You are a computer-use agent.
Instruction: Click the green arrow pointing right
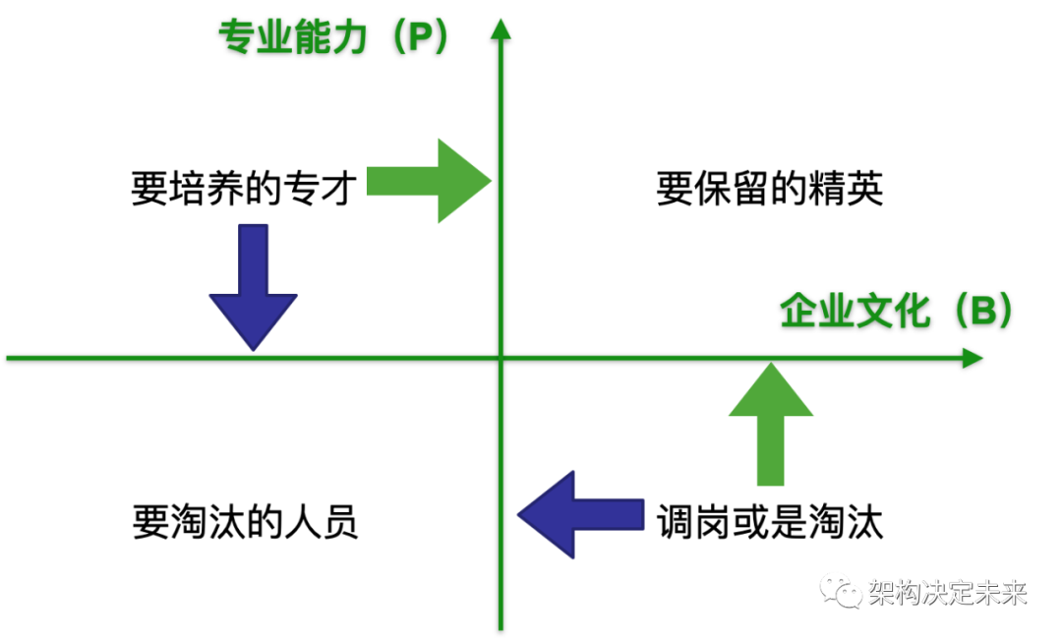coord(429,180)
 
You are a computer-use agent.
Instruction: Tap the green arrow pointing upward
coord(771,424)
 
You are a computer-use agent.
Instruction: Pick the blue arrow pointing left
coord(580,514)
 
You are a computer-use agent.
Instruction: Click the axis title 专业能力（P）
coord(334,36)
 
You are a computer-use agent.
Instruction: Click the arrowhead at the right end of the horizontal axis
coord(973,358)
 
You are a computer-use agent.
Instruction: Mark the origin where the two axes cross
coord(501,358)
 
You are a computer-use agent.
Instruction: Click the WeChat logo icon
coord(841,590)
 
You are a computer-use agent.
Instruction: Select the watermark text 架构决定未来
coord(947,592)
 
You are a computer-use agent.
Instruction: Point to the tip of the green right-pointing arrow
coord(491,180)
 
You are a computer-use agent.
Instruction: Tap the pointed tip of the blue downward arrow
coord(253,349)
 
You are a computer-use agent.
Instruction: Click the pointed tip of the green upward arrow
coord(772,365)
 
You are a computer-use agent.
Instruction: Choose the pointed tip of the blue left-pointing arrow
coord(518,514)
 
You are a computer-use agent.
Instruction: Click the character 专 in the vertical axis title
coord(236,37)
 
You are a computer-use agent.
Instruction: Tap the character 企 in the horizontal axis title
coord(798,312)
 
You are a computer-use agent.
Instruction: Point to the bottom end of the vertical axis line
coord(501,627)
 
